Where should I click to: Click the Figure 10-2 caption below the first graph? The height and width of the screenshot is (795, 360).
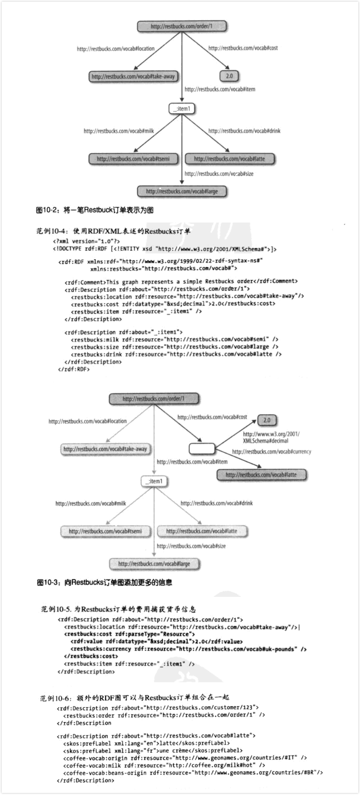[x=95, y=210]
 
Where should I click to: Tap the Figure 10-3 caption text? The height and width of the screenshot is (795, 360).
[x=104, y=582]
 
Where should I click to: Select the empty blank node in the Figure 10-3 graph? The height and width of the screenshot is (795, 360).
[x=202, y=448]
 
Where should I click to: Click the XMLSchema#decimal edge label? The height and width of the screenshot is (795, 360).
[x=271, y=437]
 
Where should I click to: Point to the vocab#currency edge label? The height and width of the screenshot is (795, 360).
[x=271, y=452]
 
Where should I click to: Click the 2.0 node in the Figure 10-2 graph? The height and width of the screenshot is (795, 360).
[x=229, y=76]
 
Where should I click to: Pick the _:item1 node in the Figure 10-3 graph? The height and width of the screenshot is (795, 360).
[x=154, y=481]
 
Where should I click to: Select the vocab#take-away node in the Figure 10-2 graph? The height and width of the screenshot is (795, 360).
[x=133, y=77]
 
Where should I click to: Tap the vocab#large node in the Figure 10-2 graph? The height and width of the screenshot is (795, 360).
[x=182, y=192]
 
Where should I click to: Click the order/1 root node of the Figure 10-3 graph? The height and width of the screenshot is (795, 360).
[x=154, y=399]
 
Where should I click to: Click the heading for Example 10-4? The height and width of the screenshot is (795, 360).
[x=113, y=231]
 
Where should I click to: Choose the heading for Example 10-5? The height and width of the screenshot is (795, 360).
[x=118, y=609]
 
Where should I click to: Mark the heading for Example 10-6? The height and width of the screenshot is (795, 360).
[x=134, y=698]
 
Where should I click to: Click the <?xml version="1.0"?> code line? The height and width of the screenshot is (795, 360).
[x=86, y=241]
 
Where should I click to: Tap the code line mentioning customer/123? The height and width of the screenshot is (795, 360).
[x=158, y=708]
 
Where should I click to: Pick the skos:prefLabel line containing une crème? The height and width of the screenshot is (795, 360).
[x=153, y=750]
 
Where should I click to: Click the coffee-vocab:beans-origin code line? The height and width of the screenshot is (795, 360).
[x=193, y=772]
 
